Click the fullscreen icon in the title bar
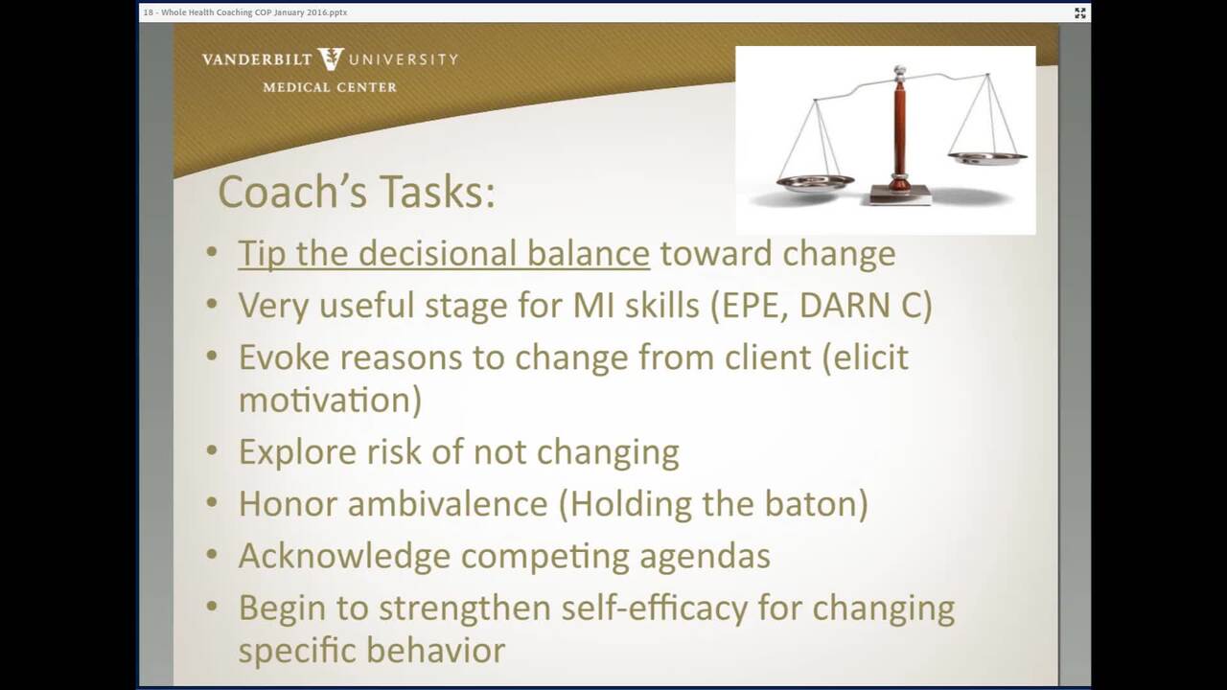pyautogui.click(x=1079, y=13)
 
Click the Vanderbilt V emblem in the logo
pyautogui.click(x=331, y=59)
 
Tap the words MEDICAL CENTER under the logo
pyautogui.click(x=330, y=87)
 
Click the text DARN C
pyautogui.click(x=860, y=305)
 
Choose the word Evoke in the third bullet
pyautogui.click(x=283, y=357)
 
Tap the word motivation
pyautogui.click(x=326, y=400)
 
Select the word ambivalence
pyautogui.click(x=448, y=504)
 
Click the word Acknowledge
pyautogui.click(x=344, y=556)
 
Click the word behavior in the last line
pyautogui.click(x=435, y=651)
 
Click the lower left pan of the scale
pyautogui.click(x=815, y=183)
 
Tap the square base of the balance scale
pyautogui.click(x=900, y=195)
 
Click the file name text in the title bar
pyautogui.click(x=245, y=12)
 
